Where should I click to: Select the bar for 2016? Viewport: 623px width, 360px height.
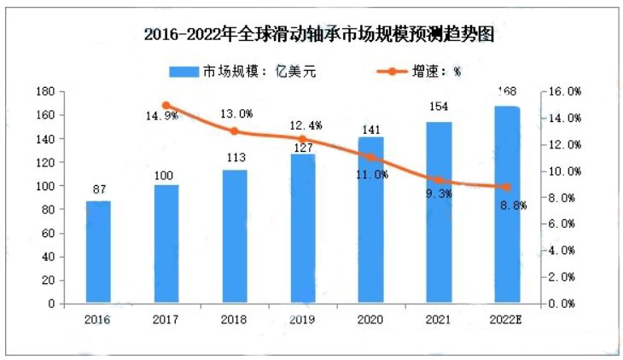pos(98,253)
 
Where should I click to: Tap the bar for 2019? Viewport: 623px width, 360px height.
pos(302,229)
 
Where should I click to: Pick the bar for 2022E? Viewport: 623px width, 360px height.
pos(506,205)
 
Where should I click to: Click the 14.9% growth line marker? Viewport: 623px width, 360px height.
pos(166,105)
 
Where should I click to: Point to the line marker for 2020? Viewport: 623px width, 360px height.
pos(370,157)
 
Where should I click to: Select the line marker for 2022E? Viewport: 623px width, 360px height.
pos(506,187)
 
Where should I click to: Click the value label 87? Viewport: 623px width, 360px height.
pos(98,189)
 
